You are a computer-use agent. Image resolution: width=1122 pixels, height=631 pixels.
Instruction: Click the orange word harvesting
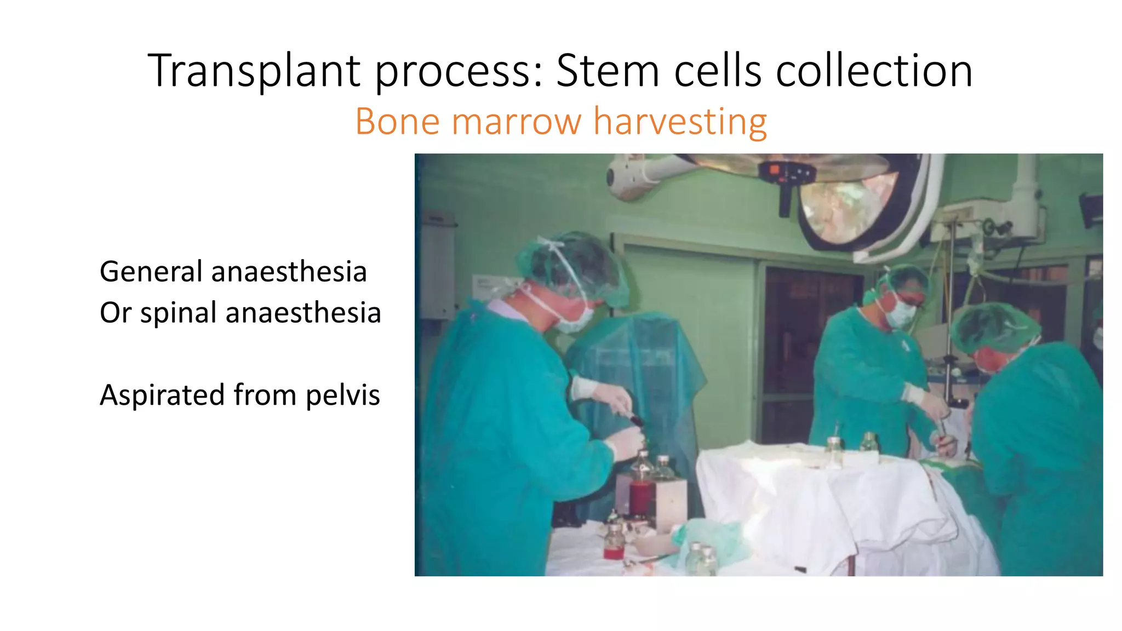pyautogui.click(x=680, y=121)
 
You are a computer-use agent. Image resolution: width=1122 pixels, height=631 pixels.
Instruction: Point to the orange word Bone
pyautogui.click(x=397, y=121)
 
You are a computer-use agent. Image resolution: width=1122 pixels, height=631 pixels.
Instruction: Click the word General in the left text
pyautogui.click(x=151, y=272)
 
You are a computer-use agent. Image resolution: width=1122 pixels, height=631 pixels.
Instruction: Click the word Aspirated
pyautogui.click(x=162, y=395)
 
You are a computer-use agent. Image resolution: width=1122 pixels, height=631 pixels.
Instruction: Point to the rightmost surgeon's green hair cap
pyautogui.click(x=994, y=326)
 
